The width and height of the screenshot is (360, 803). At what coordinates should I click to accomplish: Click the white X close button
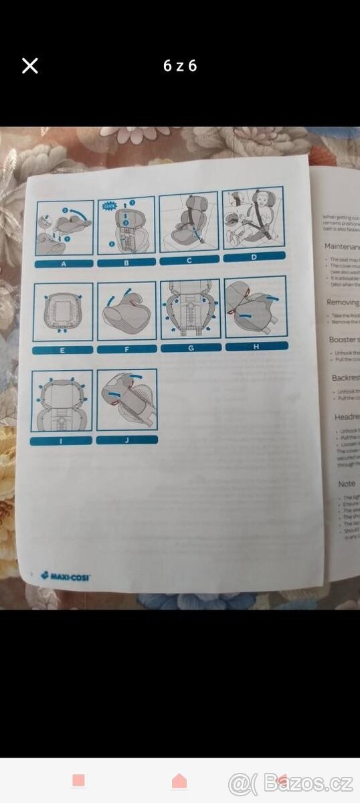point(30,66)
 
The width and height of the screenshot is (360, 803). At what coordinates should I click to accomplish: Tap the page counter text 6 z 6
point(180,66)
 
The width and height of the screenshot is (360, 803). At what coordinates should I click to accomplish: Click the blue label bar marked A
point(64,264)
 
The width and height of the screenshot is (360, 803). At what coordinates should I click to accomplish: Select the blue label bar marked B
point(126,262)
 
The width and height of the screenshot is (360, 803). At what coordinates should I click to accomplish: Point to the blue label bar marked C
point(189,260)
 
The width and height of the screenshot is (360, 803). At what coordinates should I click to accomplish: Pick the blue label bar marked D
point(254,256)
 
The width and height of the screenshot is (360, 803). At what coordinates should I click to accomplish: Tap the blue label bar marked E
point(62,350)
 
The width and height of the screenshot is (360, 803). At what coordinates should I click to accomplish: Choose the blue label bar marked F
point(126,349)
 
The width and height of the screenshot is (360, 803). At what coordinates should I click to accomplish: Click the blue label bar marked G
point(191,347)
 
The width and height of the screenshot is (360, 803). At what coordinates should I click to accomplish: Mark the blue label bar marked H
point(256,346)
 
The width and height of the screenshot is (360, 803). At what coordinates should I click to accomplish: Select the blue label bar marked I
point(61,441)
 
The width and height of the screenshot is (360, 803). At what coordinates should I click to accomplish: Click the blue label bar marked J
point(126,440)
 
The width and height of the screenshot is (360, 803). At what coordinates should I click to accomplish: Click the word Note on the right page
point(347,483)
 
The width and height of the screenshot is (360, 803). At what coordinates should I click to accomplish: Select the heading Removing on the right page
point(343,302)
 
